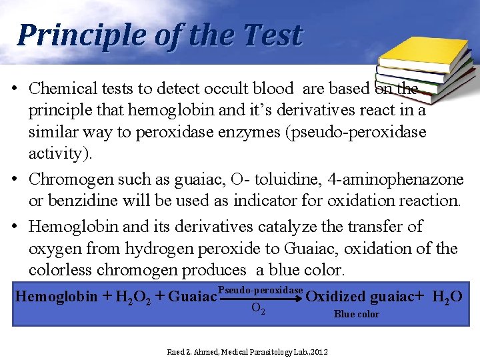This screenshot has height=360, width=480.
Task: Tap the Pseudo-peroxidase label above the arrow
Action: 261,291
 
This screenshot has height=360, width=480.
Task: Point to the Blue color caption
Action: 356,314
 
